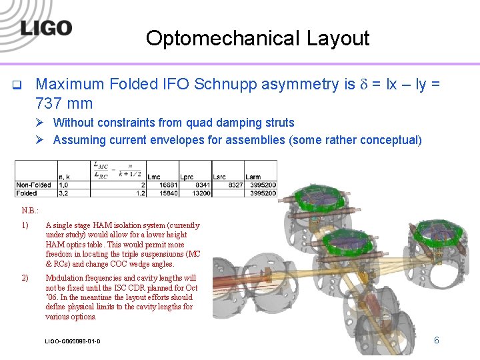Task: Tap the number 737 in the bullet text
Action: tap(49, 103)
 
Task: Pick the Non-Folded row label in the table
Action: tap(34, 185)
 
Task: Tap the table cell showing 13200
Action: tap(201, 193)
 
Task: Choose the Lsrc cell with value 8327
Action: tap(235, 185)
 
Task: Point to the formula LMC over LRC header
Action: tap(101, 169)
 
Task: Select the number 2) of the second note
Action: tap(25, 277)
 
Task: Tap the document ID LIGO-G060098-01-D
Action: tap(73, 341)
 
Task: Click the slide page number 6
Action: tap(437, 340)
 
